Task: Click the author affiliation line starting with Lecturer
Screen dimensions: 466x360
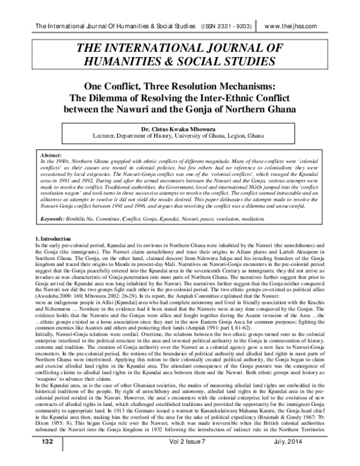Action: (x=179, y=136)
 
